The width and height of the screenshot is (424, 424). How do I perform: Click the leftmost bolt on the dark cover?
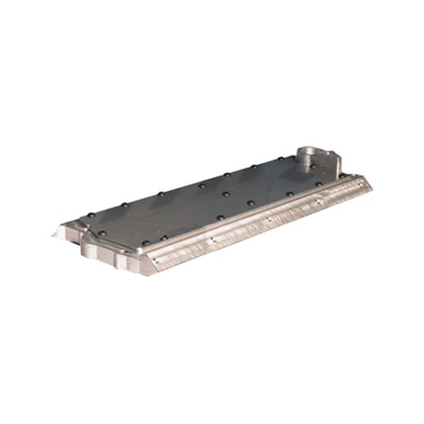click(90, 216)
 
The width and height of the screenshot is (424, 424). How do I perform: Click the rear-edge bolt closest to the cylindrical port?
click(281, 159)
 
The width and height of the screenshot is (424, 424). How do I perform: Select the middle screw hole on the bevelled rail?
click(269, 219)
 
